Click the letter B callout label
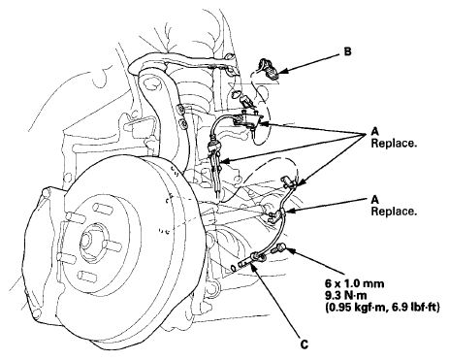[347, 51]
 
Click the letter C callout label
[305, 344]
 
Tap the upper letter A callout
[374, 132]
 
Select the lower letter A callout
[374, 200]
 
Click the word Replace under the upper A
[394, 144]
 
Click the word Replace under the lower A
[394, 212]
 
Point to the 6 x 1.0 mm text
[355, 283]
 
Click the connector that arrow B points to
[269, 69]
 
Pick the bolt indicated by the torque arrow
[279, 249]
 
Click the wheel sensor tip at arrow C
[245, 264]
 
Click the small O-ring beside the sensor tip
[233, 268]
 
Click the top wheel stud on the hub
[103, 209]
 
